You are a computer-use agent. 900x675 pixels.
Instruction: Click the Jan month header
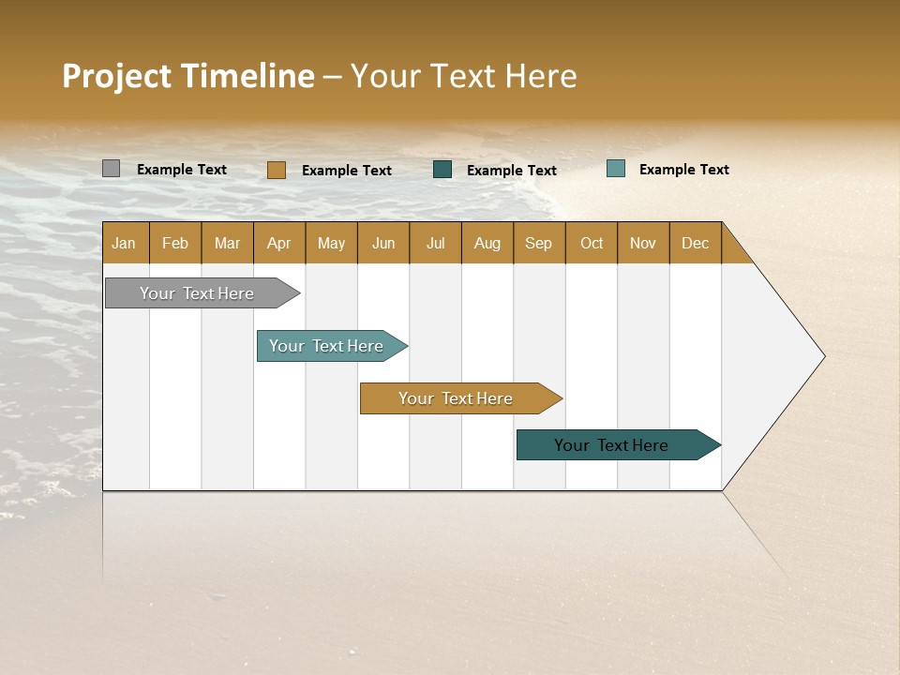pyautogui.click(x=125, y=243)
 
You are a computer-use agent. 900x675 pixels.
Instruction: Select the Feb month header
pyautogui.click(x=175, y=243)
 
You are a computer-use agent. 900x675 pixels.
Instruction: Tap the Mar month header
pyautogui.click(x=227, y=243)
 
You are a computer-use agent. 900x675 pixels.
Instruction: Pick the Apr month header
pyautogui.click(x=279, y=243)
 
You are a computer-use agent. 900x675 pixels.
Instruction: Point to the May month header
pyautogui.click(x=331, y=243)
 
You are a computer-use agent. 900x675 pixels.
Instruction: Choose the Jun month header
pyautogui.click(x=383, y=243)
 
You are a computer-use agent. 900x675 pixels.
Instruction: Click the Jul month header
pyautogui.click(x=435, y=243)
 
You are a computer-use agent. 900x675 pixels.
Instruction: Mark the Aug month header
pyautogui.click(x=487, y=243)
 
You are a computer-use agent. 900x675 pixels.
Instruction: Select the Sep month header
pyautogui.click(x=539, y=243)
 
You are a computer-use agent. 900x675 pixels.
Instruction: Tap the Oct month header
pyautogui.click(x=592, y=243)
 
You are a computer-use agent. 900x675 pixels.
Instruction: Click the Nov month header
pyautogui.click(x=643, y=243)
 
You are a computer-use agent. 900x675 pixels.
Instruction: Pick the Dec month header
pyautogui.click(x=696, y=243)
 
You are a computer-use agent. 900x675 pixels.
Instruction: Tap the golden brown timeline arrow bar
pyautogui.click(x=457, y=398)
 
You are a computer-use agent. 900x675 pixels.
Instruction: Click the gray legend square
pyautogui.click(x=112, y=169)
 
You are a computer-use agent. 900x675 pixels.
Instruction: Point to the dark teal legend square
pyautogui.click(x=442, y=170)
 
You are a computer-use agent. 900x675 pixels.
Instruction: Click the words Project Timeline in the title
pyautogui.click(x=188, y=76)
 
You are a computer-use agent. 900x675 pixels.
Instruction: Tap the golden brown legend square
pyautogui.click(x=277, y=170)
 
